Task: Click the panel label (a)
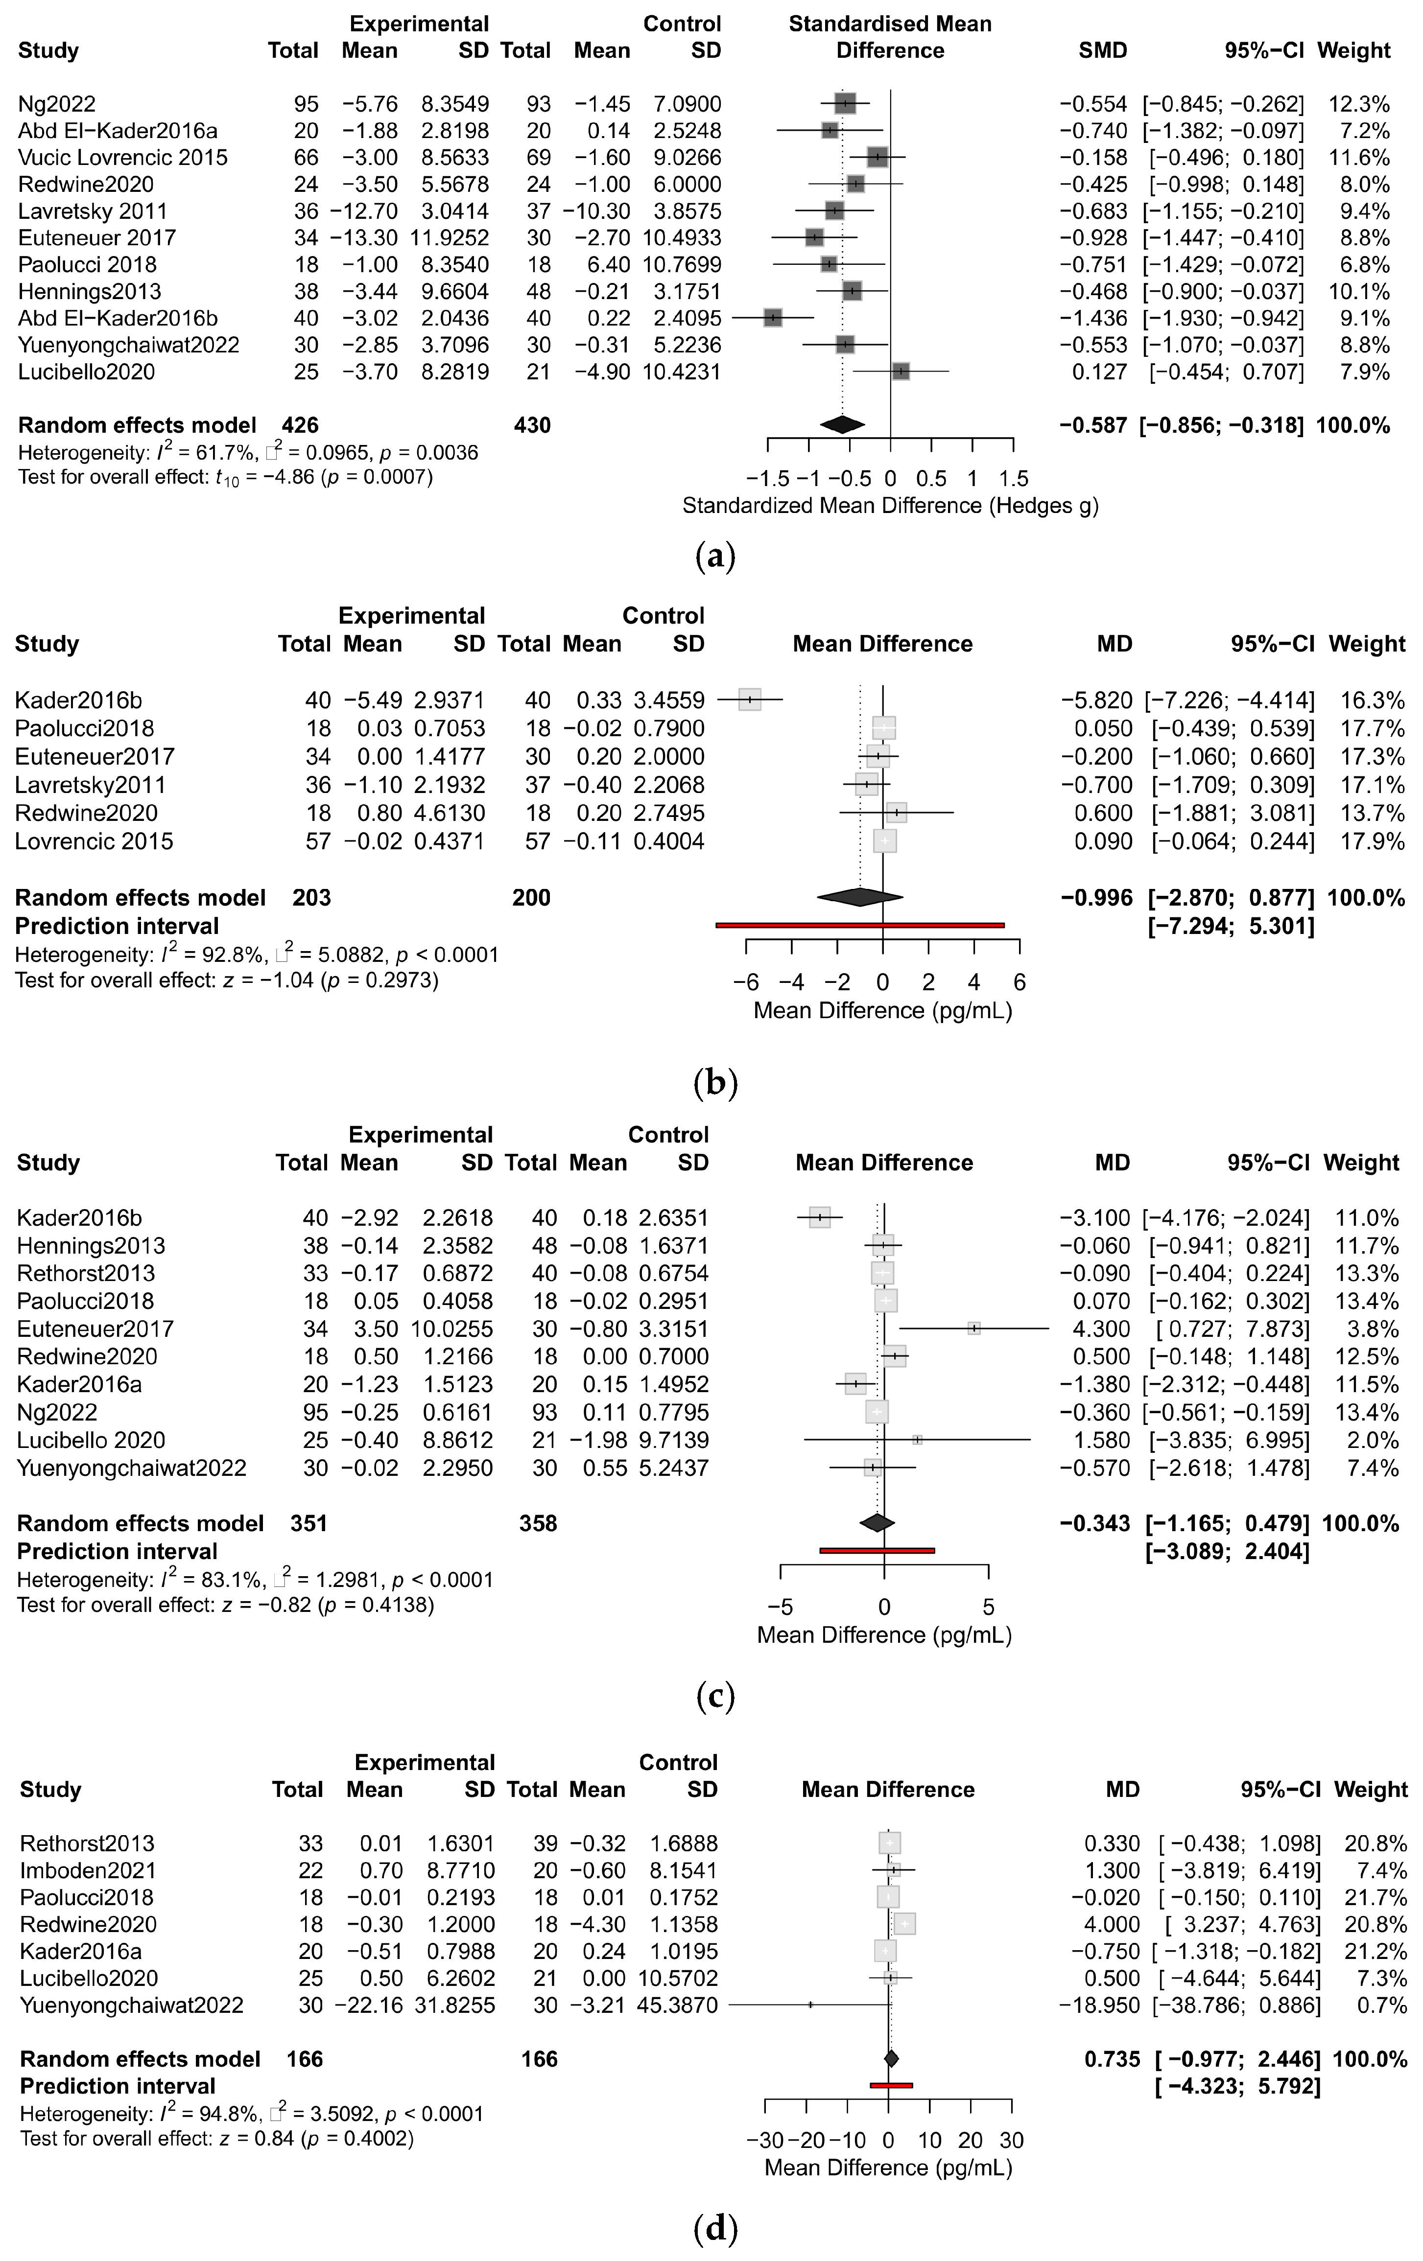pyautogui.click(x=715, y=557)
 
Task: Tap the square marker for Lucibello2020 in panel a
pyautogui.click(x=900, y=372)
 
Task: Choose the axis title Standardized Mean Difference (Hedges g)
pyautogui.click(x=889, y=506)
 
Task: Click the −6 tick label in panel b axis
pyautogui.click(x=746, y=983)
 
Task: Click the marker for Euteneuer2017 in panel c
pyautogui.click(x=974, y=1329)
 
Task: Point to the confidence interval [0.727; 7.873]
pyautogui.click(x=1227, y=1329)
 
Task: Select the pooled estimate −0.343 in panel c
pyautogui.click(x=1095, y=1523)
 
